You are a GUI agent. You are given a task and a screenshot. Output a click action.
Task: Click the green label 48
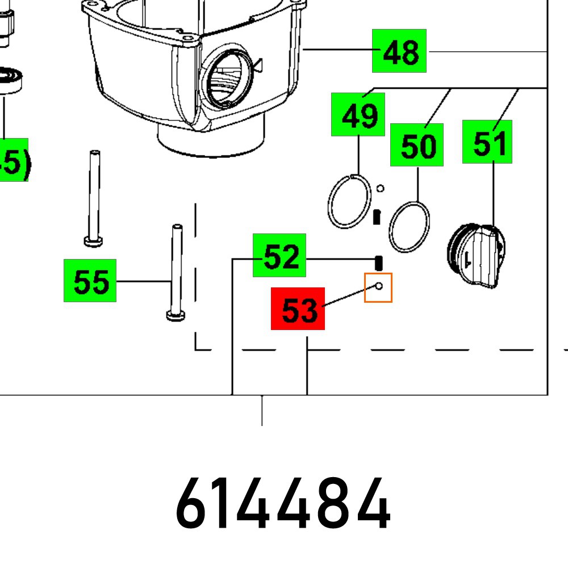pos(399,51)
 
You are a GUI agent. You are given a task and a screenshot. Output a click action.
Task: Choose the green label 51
pos(487,141)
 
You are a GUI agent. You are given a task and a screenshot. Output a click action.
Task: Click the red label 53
pos(298,308)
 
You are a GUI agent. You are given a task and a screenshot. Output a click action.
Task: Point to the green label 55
pos(90,280)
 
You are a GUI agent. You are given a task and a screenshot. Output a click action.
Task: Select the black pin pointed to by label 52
pos(379,262)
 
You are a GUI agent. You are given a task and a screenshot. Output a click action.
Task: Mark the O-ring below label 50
pos(409,226)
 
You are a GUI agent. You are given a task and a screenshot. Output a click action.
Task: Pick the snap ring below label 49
pos(349,202)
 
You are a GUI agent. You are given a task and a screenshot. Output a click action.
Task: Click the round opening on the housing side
pos(227,80)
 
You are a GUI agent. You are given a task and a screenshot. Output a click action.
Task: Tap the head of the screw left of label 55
pos(93,241)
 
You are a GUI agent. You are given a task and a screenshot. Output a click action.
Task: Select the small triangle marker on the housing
pos(258,65)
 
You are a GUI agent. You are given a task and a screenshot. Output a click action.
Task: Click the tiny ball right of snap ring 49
pos(381,189)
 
